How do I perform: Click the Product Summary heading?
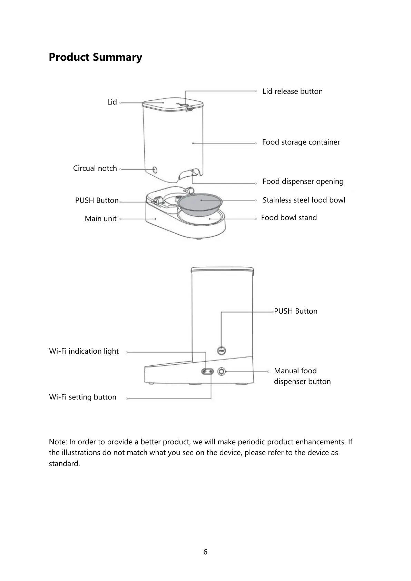click(95, 57)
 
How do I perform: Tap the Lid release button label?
click(292, 91)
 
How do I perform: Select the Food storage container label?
click(301, 142)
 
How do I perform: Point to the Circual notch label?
click(95, 168)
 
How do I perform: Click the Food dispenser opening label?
click(303, 181)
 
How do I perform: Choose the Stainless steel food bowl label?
click(304, 200)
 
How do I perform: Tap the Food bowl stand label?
click(289, 218)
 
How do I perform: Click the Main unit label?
click(100, 219)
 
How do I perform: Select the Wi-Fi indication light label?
click(84, 351)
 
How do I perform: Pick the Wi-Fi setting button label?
click(83, 397)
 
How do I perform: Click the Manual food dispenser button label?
click(302, 376)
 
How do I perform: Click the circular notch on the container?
click(155, 170)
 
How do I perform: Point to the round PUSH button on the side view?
click(222, 351)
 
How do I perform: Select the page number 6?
click(205, 552)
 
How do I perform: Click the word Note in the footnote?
click(57, 442)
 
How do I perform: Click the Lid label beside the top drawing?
click(112, 102)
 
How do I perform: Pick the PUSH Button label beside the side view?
click(296, 311)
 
